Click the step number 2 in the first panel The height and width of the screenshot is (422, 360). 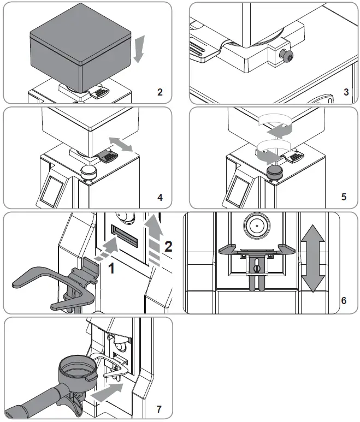(160, 92)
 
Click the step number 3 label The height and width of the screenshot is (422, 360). (346, 92)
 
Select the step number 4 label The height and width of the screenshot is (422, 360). (160, 197)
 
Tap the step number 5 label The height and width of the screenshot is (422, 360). (344, 197)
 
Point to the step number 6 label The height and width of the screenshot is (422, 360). (344, 301)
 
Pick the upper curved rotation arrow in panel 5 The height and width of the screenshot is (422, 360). (276, 127)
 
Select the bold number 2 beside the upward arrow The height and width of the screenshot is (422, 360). (169, 246)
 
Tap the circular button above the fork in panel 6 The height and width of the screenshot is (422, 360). (256, 224)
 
